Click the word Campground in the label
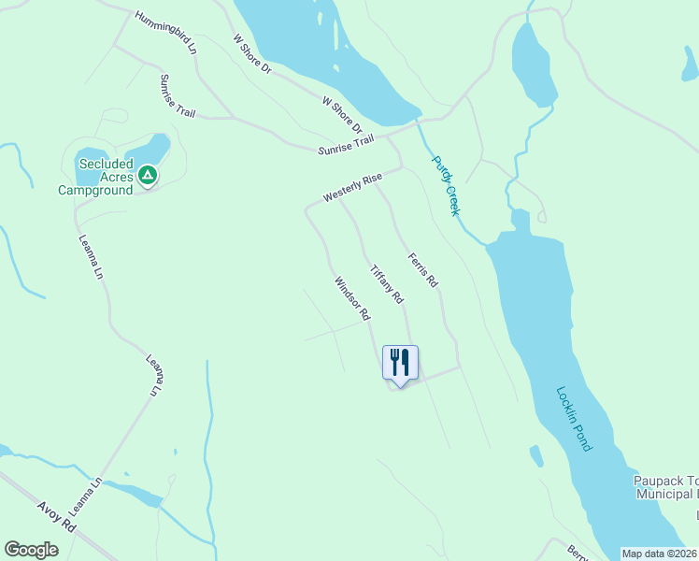click(x=95, y=190)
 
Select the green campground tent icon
click(x=147, y=174)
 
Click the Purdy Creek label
click(x=446, y=185)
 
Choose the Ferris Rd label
click(x=422, y=268)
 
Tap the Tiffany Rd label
click(x=386, y=284)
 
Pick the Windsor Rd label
click(x=351, y=298)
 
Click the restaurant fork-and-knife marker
click(x=400, y=363)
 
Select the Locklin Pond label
click(x=574, y=419)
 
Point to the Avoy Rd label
click(x=56, y=517)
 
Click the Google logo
click(x=31, y=550)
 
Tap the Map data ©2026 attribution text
click(x=659, y=554)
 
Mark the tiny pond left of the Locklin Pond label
click(x=535, y=455)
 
